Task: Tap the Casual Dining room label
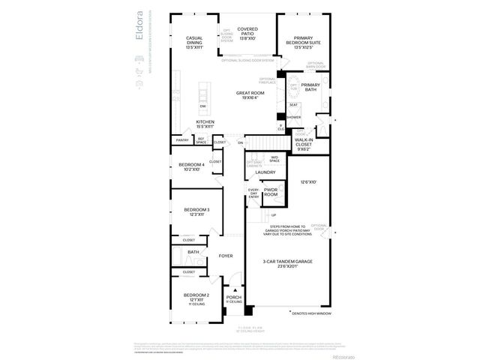tap(194, 42)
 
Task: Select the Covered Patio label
tap(247, 32)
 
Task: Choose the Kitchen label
tap(205, 124)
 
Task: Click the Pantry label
tap(182, 140)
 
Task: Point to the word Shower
tap(293, 117)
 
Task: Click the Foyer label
tap(226, 256)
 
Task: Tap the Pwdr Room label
tap(271, 193)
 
